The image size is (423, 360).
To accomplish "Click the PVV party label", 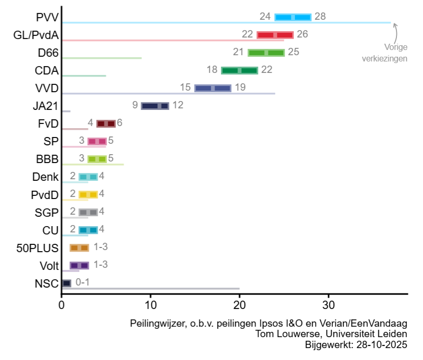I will (x=47, y=17).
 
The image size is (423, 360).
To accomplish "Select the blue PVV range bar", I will (x=293, y=17).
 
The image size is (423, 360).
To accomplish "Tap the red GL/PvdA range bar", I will (x=275, y=35).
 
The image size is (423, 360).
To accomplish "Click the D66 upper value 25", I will (x=293, y=52).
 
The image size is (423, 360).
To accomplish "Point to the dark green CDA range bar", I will (x=240, y=70).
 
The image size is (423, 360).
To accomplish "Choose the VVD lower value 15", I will (x=185, y=88).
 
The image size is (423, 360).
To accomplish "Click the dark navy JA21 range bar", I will (x=155, y=106).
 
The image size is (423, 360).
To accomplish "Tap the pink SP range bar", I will (x=97, y=141).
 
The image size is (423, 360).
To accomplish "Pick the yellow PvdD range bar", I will (x=88, y=194).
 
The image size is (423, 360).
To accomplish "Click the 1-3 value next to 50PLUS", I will (x=101, y=247).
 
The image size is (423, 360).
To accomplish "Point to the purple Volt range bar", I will (x=79, y=265).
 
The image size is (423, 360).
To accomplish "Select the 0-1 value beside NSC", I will (x=82, y=282).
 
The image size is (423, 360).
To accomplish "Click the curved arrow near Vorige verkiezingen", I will (x=395, y=32).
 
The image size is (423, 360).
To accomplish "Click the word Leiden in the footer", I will (x=394, y=334).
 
